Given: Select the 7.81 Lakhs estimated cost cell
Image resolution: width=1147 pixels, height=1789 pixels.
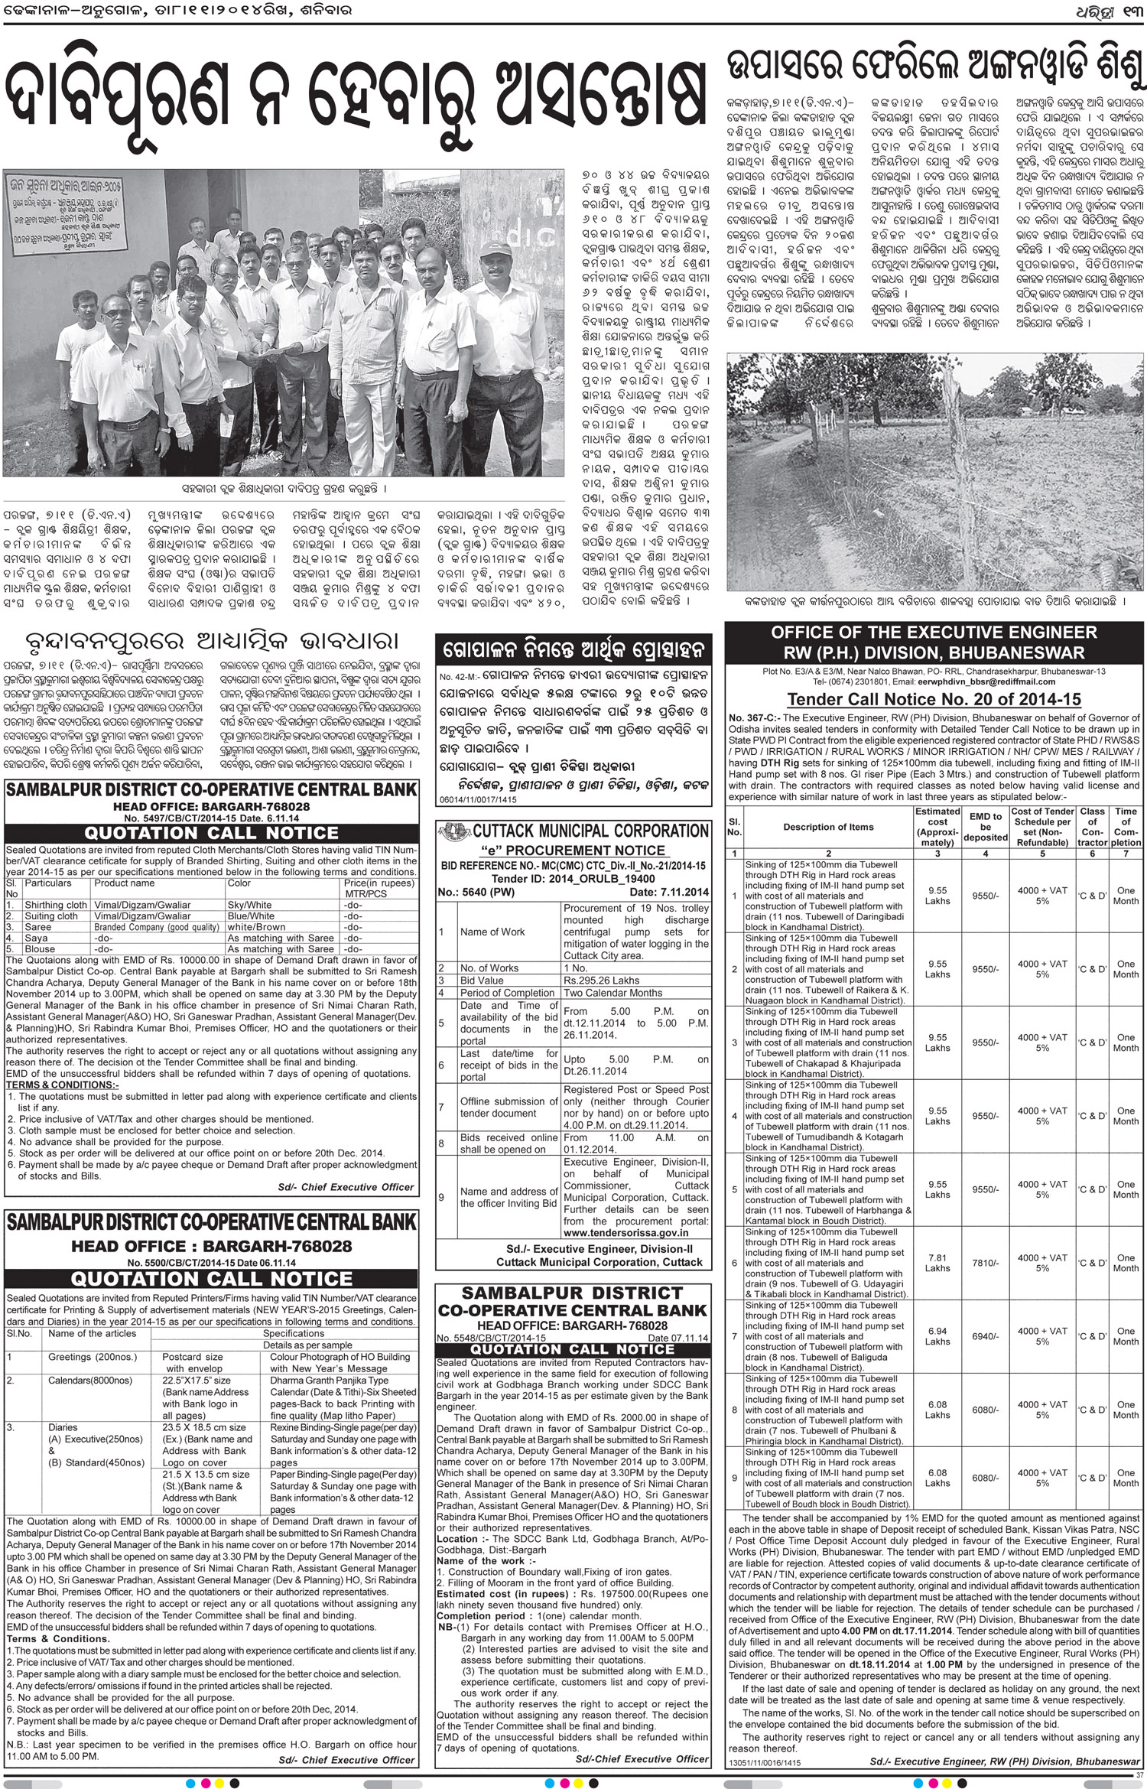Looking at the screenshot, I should [x=937, y=1263].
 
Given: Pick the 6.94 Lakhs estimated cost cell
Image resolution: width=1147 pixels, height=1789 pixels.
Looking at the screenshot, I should [x=937, y=1336].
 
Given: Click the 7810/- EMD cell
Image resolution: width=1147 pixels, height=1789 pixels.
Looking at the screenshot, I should [x=986, y=1263].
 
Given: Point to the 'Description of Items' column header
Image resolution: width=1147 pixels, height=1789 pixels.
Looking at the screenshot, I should [x=828, y=827].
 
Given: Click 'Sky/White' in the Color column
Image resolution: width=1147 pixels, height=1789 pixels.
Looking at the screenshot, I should [x=249, y=905].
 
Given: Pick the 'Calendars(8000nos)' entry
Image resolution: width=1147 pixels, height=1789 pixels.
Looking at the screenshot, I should [x=89, y=1380].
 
